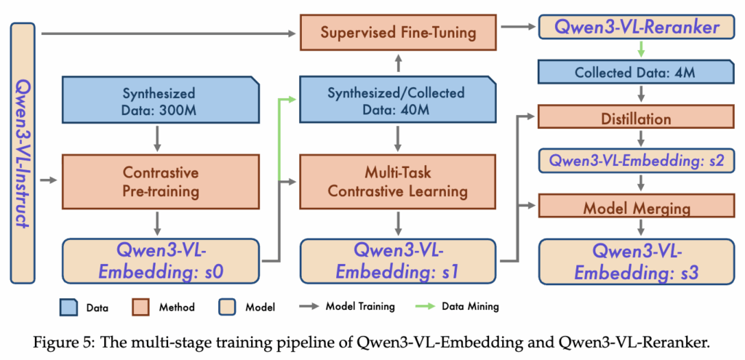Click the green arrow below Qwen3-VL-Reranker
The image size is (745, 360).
pos(640,50)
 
